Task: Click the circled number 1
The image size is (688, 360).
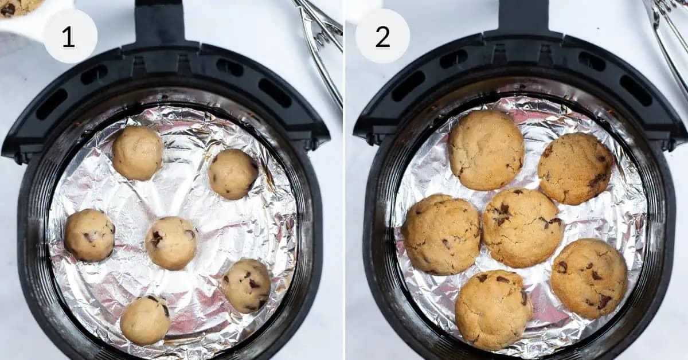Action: pos(69,36)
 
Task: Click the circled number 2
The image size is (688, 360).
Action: pos(382,36)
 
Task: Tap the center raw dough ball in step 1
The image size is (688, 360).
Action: pos(171,243)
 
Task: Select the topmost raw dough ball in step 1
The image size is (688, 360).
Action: pos(138,153)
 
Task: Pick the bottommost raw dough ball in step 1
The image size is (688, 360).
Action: pos(145,320)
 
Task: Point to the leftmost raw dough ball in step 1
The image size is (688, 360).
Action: pos(89,235)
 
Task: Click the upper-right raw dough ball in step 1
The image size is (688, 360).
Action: pos(233,174)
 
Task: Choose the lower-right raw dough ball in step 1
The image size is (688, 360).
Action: pos(246,285)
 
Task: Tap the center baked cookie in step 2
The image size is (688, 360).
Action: pos(522,228)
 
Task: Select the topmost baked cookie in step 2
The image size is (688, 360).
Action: pos(486,150)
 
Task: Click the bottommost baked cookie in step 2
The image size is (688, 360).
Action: pos(493,310)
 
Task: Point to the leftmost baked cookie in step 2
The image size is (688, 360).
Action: pos(441,234)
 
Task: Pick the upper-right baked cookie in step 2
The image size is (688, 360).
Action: pos(575,169)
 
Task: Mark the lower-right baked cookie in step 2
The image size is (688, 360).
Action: pos(589,278)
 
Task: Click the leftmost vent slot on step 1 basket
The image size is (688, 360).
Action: pos(52,104)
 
